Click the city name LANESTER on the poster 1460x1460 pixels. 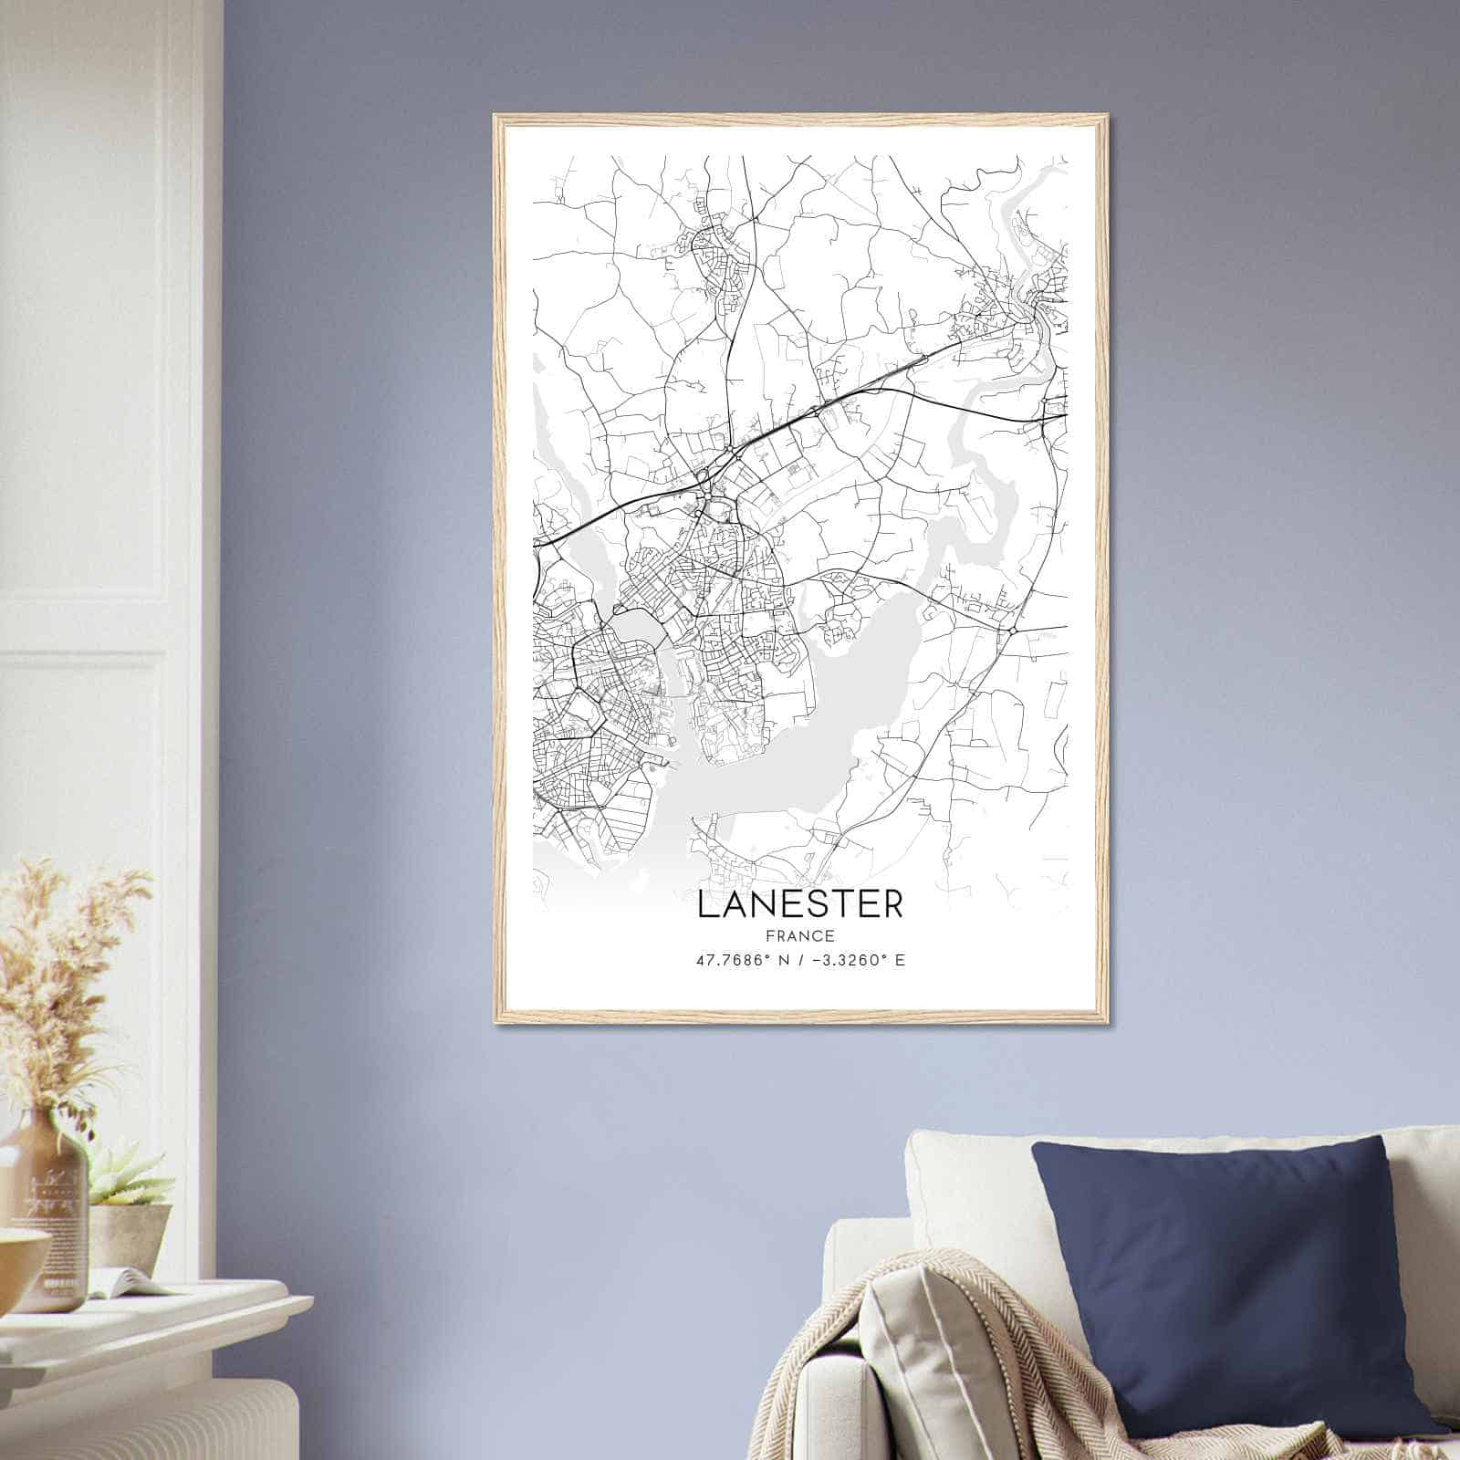[800, 903]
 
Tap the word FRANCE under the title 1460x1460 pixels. [800, 935]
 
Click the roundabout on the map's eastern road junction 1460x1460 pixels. [1013, 631]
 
